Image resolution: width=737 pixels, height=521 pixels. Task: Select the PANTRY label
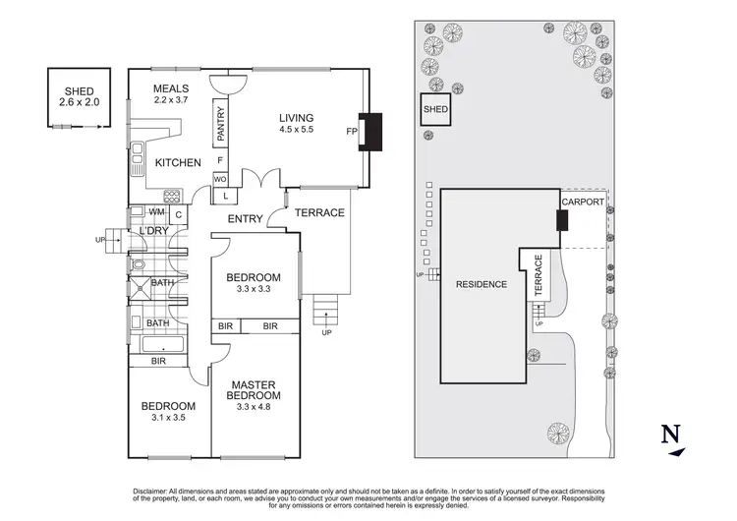coord(220,126)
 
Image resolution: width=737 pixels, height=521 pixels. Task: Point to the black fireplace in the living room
coord(371,131)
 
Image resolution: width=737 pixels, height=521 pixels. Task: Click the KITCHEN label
coord(178,162)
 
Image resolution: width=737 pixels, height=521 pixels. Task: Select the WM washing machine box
coord(157,212)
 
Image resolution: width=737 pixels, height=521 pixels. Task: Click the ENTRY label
coord(245,218)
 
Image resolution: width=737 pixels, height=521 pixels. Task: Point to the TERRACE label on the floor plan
coord(320,212)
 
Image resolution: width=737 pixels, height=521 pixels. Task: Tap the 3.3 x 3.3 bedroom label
coord(254,283)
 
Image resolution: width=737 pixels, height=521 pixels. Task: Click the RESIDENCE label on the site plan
coord(481,284)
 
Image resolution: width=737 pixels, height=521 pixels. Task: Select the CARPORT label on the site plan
coord(581,202)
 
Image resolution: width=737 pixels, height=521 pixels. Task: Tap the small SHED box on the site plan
coord(435,109)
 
